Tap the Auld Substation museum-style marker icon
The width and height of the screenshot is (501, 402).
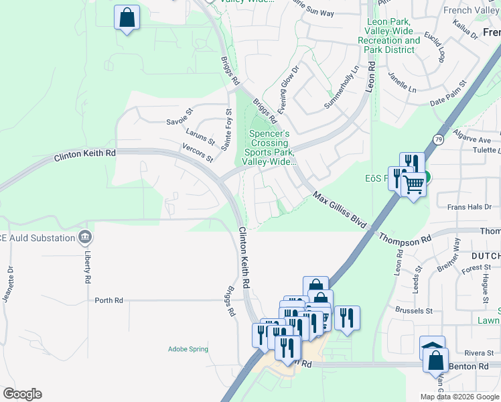click(x=85, y=237)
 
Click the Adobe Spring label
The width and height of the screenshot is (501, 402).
click(x=188, y=349)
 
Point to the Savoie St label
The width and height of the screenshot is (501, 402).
click(x=179, y=121)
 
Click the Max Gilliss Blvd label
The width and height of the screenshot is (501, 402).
click(x=340, y=210)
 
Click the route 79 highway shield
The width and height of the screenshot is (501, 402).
click(x=438, y=139)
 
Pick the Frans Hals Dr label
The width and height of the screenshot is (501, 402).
click(x=469, y=207)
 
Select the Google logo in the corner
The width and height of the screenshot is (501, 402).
click(x=22, y=394)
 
